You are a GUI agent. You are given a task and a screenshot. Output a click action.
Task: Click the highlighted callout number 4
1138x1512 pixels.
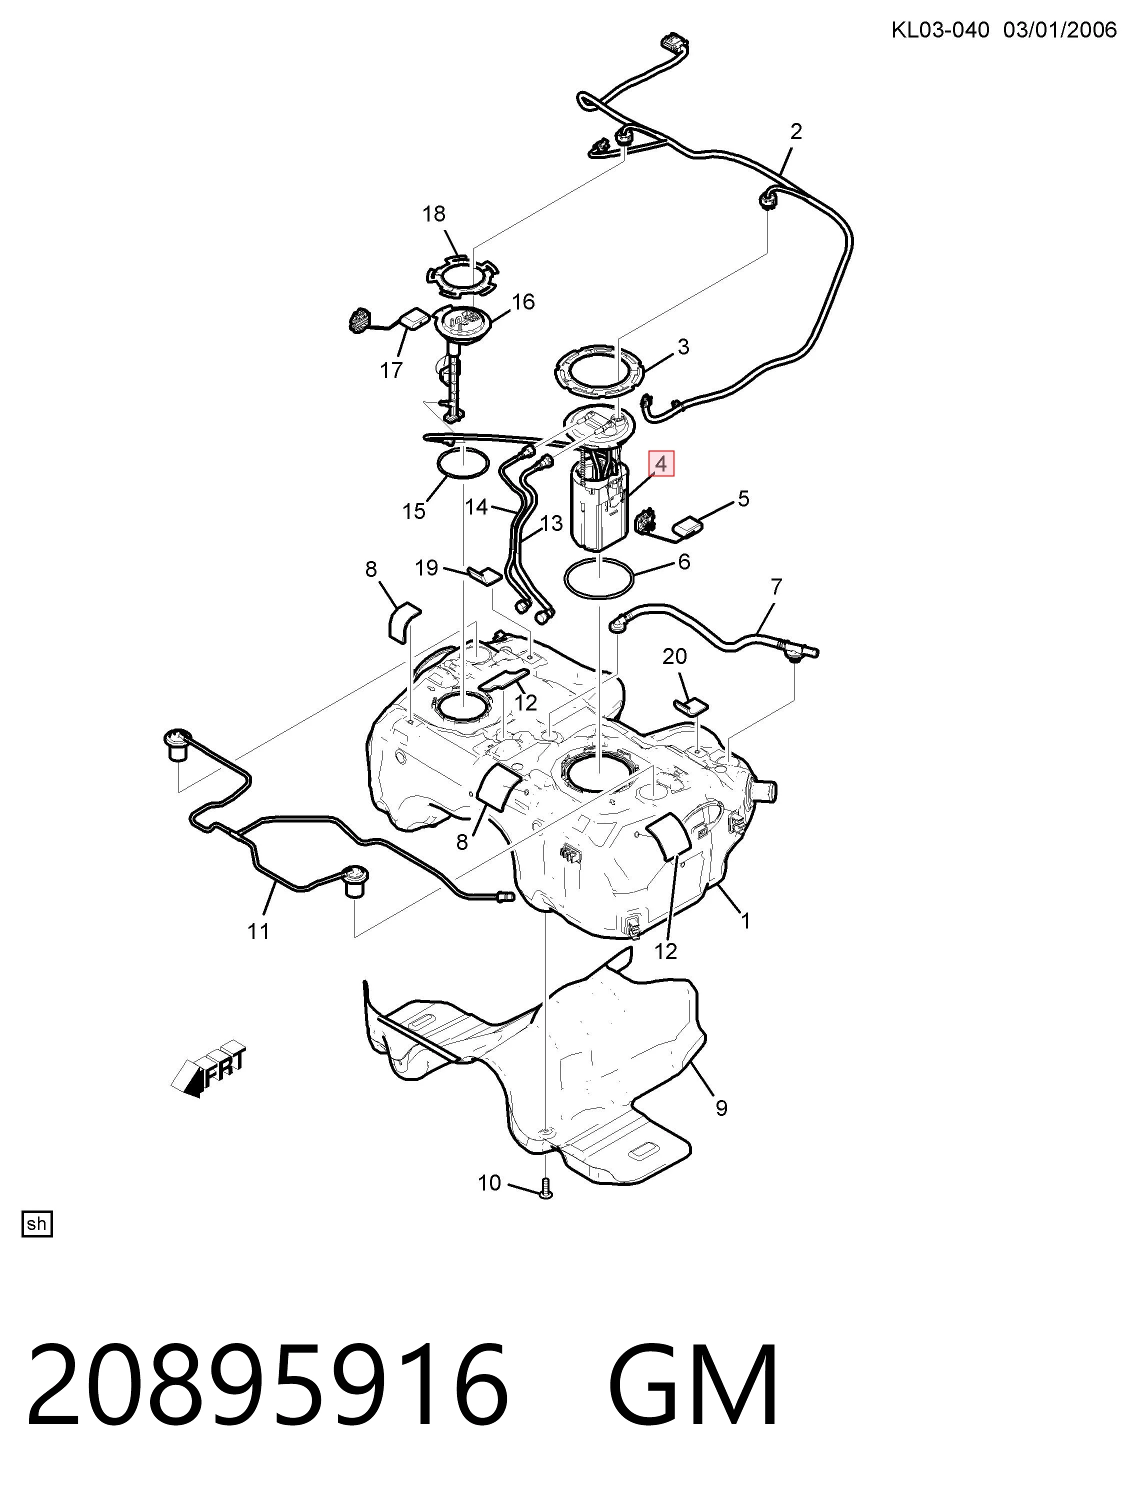point(661,464)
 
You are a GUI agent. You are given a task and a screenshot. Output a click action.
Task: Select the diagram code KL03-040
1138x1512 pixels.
point(940,30)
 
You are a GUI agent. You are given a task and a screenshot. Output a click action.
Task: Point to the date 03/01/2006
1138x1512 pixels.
point(1059,30)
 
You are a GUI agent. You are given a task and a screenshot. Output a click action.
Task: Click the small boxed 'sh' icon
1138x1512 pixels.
point(37,1223)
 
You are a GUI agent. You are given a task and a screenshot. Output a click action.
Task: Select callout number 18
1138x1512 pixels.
point(434,214)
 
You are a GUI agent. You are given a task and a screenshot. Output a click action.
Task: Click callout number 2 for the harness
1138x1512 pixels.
point(795,131)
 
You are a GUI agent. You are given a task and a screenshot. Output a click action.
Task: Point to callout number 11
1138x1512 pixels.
point(258,931)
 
